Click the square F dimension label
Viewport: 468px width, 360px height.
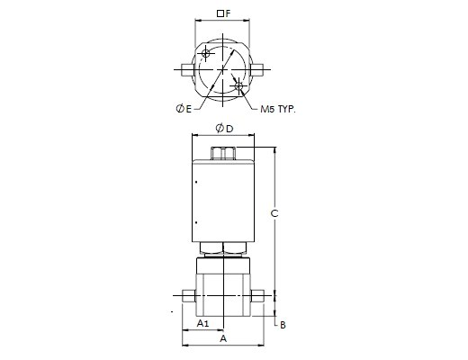pyautogui.click(x=224, y=13)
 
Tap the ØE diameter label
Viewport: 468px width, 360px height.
pyautogui.click(x=184, y=109)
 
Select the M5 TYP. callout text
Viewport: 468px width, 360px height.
pyautogui.click(x=278, y=109)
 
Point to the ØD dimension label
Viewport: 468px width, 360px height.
pyautogui.click(x=224, y=129)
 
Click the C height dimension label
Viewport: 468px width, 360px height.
pyautogui.click(x=274, y=213)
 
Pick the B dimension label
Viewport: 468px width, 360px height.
pyautogui.click(x=283, y=325)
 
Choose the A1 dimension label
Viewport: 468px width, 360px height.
pyautogui.click(x=202, y=323)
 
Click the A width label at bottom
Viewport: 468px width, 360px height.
pyautogui.click(x=223, y=338)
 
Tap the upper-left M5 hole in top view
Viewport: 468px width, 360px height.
pyautogui.click(x=206, y=54)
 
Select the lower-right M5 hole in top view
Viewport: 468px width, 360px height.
pyautogui.click(x=238, y=86)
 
